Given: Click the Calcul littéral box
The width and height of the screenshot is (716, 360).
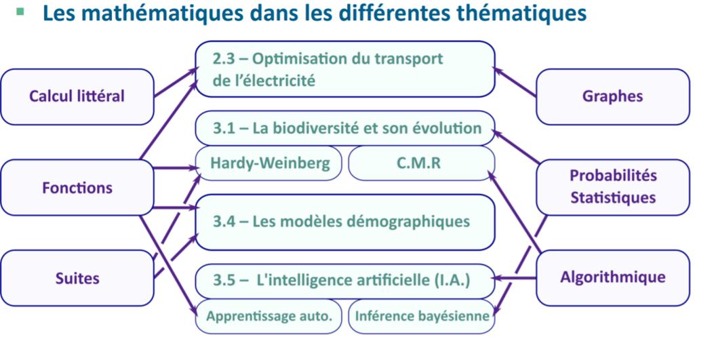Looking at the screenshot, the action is pos(77,96).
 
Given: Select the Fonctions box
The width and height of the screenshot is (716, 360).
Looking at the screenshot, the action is pos(77,187).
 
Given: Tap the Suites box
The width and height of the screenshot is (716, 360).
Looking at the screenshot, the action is pos(77,278).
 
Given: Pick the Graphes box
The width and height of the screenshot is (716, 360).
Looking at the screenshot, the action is pos(613,96).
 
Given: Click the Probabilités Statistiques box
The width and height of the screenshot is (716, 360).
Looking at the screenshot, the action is pos(613,187).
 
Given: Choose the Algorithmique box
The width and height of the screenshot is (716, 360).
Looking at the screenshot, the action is pos(613,278).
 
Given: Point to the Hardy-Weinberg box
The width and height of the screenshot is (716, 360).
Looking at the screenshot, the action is pos(268,163).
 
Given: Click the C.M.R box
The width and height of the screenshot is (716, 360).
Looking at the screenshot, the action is pos(422,163).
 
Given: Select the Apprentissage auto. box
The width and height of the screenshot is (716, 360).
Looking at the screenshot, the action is pos(268,316).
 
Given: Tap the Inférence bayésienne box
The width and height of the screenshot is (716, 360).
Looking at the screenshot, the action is pos(422,316).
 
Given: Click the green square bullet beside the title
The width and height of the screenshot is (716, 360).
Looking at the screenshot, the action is pos(20,12).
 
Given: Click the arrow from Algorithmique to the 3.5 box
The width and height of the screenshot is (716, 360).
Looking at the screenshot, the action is pos(515,278).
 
